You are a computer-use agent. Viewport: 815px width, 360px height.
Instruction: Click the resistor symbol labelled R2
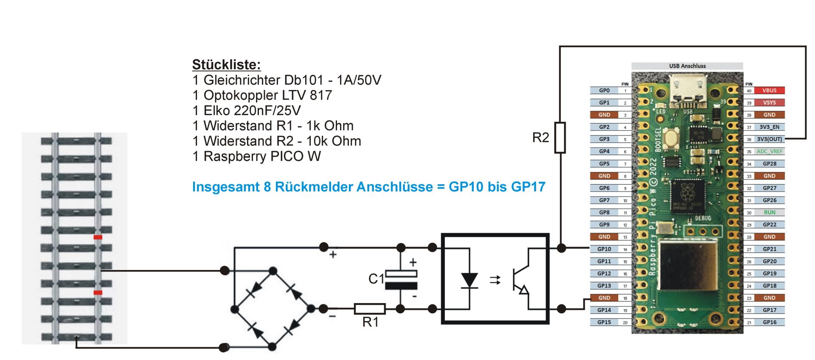(560, 138)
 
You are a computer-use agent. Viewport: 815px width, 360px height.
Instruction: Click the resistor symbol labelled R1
(370, 309)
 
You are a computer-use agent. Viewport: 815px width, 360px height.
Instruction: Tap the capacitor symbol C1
(401, 280)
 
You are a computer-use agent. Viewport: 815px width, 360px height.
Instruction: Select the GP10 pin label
(604, 249)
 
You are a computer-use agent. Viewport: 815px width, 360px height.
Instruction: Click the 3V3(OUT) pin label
(769, 139)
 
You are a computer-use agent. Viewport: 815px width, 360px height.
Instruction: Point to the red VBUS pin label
(769, 90)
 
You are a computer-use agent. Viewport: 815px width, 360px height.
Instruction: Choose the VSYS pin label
(769, 103)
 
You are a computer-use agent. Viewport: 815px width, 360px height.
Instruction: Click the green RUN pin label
(769, 212)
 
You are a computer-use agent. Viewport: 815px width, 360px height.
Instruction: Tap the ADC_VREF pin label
(769, 151)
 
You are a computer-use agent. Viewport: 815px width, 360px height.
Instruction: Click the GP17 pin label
(769, 310)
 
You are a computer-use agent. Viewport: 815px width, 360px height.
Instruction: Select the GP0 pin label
(604, 90)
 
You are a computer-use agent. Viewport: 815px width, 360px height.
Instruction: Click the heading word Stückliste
(226, 65)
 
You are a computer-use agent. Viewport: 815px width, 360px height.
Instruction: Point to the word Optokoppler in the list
(241, 95)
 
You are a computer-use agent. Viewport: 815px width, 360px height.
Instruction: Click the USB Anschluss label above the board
(687, 66)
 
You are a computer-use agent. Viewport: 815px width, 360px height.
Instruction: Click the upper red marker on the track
(98, 237)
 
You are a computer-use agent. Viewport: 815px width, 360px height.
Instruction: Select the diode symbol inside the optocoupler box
(469, 280)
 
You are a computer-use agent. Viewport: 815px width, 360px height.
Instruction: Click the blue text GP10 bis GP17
(497, 187)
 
